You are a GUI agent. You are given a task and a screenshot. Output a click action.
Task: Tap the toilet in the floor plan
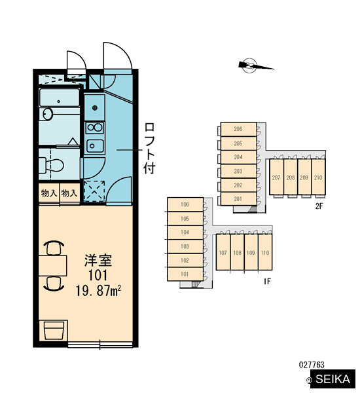click(52, 165)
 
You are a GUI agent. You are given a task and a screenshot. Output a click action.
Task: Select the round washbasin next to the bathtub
click(47, 114)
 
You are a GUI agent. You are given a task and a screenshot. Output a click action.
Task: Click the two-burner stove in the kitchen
click(94, 128)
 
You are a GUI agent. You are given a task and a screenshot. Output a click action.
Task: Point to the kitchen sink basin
click(95, 146)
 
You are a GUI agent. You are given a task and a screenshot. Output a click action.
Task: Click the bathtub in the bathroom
click(60, 98)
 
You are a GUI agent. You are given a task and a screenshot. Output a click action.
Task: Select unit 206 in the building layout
click(238, 129)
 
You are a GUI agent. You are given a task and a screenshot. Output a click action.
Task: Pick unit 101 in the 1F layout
click(185, 274)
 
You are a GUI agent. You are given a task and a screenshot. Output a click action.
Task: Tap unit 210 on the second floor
click(318, 177)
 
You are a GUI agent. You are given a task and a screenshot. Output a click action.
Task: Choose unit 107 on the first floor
click(223, 252)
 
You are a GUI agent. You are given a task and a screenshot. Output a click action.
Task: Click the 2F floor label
click(319, 206)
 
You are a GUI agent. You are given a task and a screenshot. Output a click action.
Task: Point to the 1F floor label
click(267, 281)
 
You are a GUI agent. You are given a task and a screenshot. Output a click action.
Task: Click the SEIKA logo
click(333, 379)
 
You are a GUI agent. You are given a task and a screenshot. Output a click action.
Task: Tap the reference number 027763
click(312, 365)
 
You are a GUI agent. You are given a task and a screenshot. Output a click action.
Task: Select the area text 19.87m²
click(98, 291)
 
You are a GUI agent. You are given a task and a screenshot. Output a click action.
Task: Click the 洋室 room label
click(98, 261)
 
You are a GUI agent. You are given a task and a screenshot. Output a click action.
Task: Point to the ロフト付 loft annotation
click(149, 149)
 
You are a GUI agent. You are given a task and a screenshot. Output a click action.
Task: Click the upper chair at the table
click(54, 248)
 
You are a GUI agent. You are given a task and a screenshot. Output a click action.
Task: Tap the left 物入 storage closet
click(49, 193)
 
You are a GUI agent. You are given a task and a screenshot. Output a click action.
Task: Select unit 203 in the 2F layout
click(238, 171)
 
